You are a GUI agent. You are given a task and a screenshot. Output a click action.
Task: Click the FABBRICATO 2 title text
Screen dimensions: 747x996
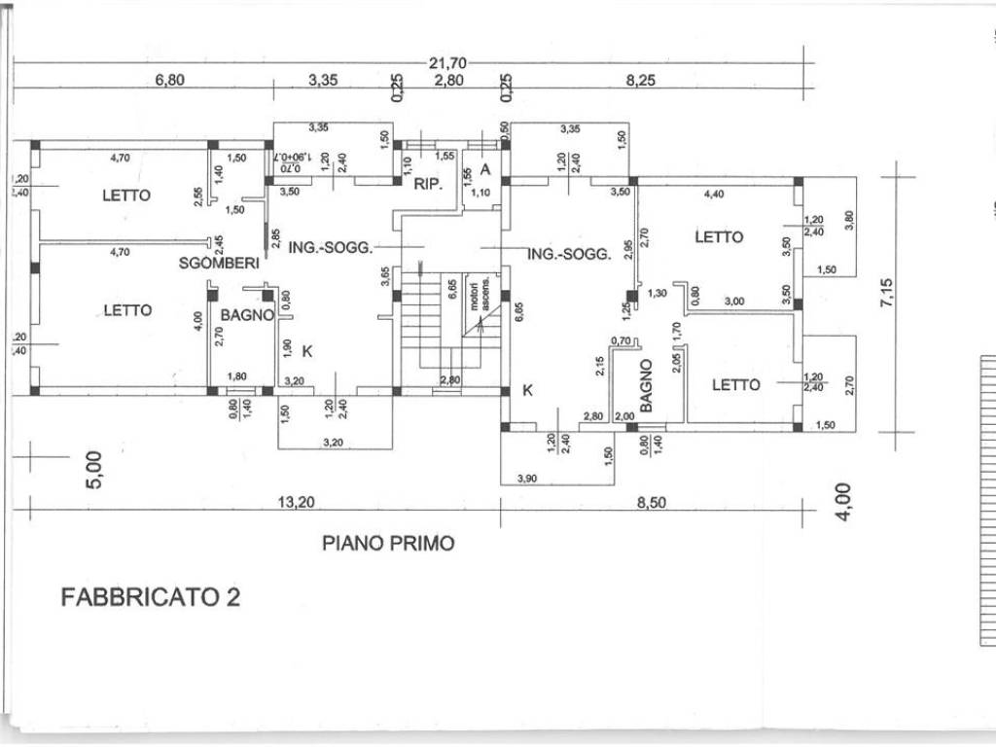coord(151,596)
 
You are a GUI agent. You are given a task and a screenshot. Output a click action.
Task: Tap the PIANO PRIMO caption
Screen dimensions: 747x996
coord(388,543)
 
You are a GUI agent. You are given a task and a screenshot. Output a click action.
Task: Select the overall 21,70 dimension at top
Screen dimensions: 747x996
coord(447,63)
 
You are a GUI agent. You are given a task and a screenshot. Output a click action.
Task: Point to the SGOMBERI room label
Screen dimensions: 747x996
coord(218,263)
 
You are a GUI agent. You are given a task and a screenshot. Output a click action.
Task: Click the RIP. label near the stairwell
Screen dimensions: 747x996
coord(429,183)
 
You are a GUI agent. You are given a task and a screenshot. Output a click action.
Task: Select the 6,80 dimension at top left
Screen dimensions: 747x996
coord(169,82)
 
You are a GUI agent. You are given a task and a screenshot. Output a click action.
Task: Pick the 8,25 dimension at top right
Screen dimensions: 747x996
coord(640,82)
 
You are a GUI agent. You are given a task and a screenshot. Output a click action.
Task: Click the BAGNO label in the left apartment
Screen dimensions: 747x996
coord(247,315)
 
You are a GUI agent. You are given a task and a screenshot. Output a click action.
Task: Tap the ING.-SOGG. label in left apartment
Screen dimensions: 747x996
coord(331,248)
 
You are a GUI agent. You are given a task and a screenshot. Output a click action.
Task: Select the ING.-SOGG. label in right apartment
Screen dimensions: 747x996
coord(569,254)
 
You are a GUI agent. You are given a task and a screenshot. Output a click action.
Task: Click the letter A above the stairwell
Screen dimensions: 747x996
coord(485,169)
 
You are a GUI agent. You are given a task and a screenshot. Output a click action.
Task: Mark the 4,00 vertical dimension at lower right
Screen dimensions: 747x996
coord(843,502)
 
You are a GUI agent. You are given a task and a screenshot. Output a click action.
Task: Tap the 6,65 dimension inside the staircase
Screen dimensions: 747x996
coord(452,292)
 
